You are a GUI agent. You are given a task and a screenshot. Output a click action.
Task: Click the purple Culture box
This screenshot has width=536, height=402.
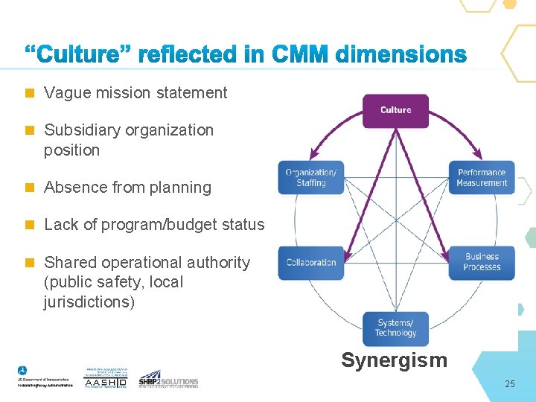[x=395, y=110]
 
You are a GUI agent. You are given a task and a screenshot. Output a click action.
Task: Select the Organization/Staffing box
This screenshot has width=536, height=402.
[x=311, y=178]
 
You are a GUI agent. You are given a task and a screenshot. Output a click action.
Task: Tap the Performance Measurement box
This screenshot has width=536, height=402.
[x=482, y=178]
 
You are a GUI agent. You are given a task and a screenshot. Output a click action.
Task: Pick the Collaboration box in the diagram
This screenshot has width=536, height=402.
[x=311, y=263]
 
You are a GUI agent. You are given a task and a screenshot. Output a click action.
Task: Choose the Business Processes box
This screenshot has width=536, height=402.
[x=482, y=263]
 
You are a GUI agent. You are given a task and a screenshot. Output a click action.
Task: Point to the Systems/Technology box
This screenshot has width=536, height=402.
[x=395, y=328]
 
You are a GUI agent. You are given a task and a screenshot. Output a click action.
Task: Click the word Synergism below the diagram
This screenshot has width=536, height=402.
[x=394, y=361]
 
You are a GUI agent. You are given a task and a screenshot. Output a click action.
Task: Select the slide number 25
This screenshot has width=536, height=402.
[x=509, y=384]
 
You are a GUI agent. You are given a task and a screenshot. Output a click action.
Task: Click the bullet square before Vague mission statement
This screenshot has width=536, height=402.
[x=30, y=93]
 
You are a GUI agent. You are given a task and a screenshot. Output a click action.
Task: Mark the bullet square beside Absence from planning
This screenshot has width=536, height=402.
[x=30, y=188]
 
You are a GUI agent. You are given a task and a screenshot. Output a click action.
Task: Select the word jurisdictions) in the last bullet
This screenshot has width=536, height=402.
[x=89, y=302]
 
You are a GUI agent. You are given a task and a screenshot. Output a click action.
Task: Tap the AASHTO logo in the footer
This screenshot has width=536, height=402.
[x=106, y=379]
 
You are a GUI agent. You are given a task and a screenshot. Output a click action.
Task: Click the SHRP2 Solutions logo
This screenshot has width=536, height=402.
[x=168, y=379]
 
